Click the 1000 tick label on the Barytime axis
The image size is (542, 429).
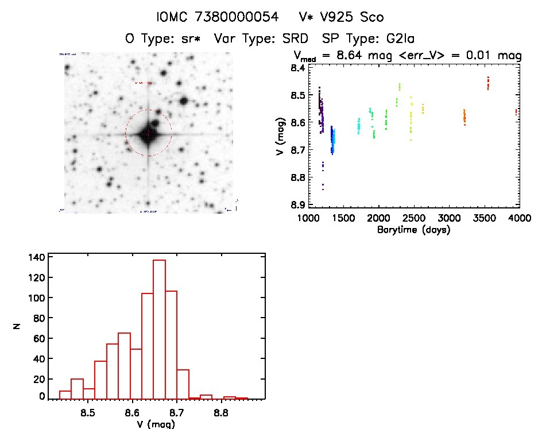[x=308, y=219]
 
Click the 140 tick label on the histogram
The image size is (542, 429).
[x=36, y=257]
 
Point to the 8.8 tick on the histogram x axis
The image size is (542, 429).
[x=222, y=412]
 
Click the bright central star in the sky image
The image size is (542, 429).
[x=148, y=133]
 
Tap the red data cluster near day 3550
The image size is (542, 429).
[x=488, y=83]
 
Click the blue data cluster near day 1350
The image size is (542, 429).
[x=332, y=141]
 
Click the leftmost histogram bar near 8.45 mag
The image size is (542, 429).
[x=65, y=395]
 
